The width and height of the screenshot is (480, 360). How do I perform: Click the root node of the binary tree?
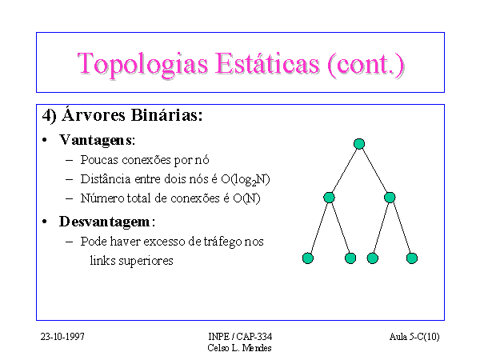[x=359, y=143]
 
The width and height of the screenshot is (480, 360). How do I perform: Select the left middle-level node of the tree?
[x=329, y=197]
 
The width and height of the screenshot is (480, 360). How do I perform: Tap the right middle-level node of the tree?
[x=390, y=197]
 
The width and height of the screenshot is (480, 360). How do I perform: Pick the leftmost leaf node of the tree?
[x=308, y=258]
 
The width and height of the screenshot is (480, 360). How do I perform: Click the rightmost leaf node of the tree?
[x=412, y=258]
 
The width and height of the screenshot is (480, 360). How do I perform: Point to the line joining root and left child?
[x=344, y=170]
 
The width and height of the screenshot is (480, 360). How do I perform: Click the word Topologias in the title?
[x=142, y=64]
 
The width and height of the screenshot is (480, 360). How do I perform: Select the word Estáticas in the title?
[x=267, y=63]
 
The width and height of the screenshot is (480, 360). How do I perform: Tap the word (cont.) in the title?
[x=366, y=64]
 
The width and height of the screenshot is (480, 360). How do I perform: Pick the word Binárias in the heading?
[x=167, y=115]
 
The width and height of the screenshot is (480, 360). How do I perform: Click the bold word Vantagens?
[x=96, y=140]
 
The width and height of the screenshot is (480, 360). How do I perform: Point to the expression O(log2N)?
[x=246, y=179]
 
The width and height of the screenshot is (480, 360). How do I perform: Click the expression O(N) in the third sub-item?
[x=246, y=198]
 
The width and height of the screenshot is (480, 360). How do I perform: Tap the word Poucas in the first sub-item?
[x=99, y=160]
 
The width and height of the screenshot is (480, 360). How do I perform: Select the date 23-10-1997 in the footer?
[x=62, y=337]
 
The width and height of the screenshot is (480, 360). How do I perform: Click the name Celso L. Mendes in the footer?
[x=239, y=348]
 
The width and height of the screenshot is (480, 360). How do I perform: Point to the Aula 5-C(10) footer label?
[x=414, y=337]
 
